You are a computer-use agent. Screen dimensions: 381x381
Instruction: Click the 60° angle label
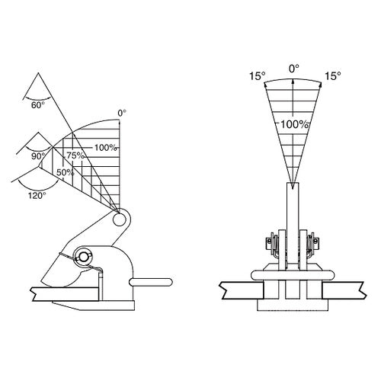(38, 105)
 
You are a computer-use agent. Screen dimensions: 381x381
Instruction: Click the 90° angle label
(38, 156)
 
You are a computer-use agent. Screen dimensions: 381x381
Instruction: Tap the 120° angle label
(37, 196)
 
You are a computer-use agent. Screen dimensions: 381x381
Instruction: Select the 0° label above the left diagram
(122, 114)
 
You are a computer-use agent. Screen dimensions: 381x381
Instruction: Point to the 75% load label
(75, 155)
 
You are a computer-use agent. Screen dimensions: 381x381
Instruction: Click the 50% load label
(65, 172)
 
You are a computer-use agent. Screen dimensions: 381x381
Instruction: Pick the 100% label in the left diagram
(106, 148)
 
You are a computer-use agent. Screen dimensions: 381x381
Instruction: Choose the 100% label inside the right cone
(295, 124)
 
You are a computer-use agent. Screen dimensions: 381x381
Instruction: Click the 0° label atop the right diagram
(294, 69)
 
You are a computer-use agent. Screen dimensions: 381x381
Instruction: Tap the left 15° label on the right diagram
(257, 76)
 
